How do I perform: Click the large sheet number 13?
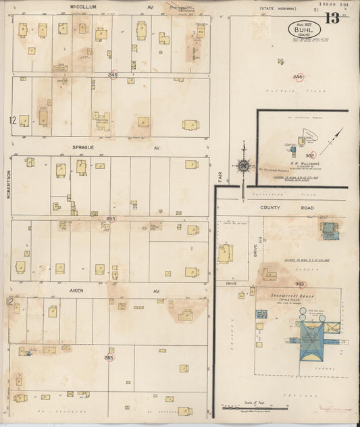point(332,18)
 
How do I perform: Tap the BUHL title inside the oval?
point(303,29)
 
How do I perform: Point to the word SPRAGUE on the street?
point(87,145)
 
